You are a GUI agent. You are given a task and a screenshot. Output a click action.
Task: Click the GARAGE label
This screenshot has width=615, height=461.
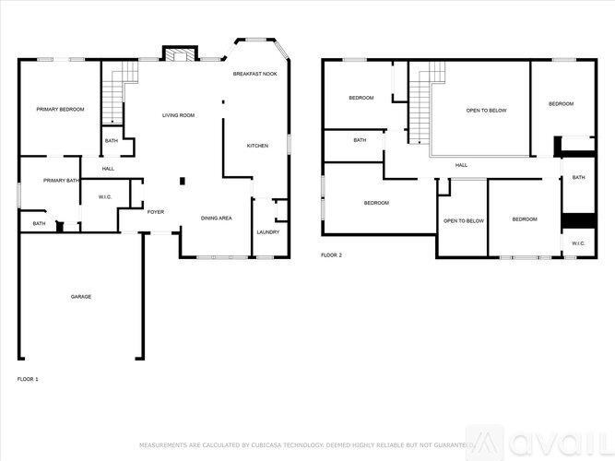tap(81, 296)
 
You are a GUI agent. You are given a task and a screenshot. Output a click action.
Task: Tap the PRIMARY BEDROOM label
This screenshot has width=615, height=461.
tap(60, 110)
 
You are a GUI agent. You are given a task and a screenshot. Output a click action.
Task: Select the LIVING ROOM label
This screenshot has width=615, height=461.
tap(178, 115)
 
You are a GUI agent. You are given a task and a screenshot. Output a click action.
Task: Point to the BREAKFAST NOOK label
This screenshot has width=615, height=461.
tap(254, 74)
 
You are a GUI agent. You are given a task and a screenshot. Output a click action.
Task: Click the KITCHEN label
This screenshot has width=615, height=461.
tap(257, 146)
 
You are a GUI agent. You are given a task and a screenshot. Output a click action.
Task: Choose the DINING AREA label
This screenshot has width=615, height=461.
tap(216, 218)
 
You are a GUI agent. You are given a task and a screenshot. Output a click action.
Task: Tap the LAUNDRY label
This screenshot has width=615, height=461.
tap(267, 231)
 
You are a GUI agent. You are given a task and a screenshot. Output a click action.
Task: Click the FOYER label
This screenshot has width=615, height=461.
tap(156, 212)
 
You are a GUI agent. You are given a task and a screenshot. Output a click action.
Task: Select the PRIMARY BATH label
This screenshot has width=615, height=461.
tap(61, 180)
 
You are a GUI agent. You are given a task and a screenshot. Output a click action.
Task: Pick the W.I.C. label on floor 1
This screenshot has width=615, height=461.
tap(105, 197)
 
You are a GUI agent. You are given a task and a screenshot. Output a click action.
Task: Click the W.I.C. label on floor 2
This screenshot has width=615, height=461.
tap(577, 243)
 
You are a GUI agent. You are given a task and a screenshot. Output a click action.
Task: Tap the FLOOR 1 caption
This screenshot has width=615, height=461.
tap(28, 379)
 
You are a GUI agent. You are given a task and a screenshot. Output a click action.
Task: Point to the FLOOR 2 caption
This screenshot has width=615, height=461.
tap(331, 254)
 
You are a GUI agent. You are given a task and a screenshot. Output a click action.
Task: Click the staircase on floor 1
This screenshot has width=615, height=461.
tap(112, 96)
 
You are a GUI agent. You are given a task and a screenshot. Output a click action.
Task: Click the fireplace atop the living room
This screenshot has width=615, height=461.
tap(179, 54)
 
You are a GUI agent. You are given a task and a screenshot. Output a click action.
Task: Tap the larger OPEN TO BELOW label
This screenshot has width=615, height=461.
tap(486, 110)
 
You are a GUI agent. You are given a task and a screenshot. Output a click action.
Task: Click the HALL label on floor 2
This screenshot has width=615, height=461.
tap(460, 165)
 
